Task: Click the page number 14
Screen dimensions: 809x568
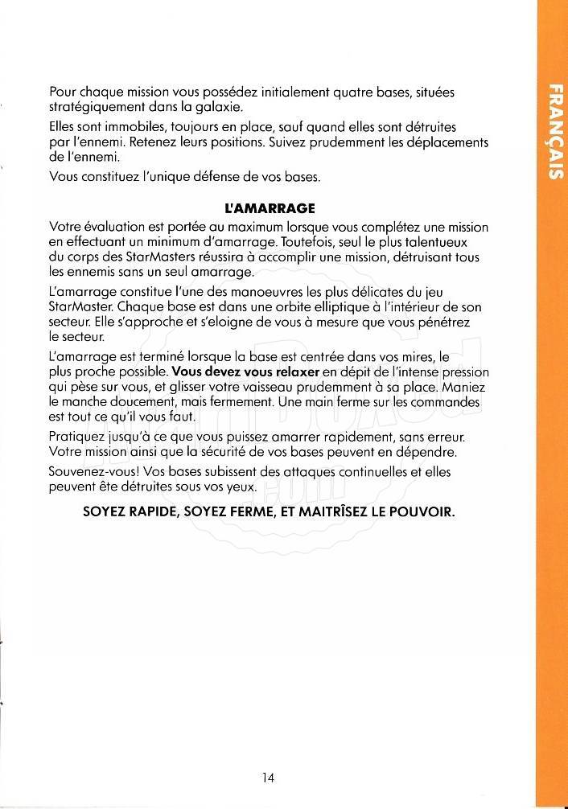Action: point(269,777)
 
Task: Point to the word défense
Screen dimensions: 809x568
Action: point(228,176)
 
